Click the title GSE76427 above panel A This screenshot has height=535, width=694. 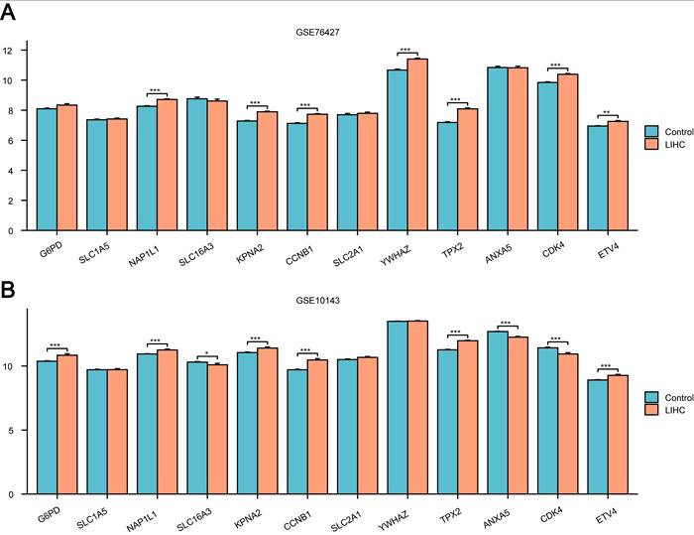click(x=318, y=32)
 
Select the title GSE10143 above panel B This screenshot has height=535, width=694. click(x=318, y=300)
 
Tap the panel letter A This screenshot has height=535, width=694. click(x=8, y=13)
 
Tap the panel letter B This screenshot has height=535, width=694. click(x=8, y=290)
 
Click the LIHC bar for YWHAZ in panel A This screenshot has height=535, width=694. click(x=417, y=145)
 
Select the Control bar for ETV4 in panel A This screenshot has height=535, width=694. click(x=598, y=179)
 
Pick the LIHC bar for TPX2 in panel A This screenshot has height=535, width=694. click(x=467, y=170)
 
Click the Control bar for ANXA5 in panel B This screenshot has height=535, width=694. click(x=498, y=413)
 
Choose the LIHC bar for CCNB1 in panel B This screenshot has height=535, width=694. click(x=317, y=427)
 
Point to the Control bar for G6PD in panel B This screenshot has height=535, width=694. click(x=47, y=428)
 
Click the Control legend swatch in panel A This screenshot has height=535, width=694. click(x=651, y=132)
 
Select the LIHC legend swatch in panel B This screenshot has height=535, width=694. click(x=651, y=410)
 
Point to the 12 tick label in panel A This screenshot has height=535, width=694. click(x=8, y=51)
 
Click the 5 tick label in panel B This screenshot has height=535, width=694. click(x=10, y=431)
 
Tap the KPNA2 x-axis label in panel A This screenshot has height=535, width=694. click(x=250, y=254)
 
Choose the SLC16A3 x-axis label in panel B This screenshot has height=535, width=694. click(x=194, y=519)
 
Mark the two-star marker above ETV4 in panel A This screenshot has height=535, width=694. click(x=607, y=112)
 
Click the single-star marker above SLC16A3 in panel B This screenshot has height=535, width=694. click(x=206, y=354)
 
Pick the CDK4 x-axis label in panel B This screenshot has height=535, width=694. click(x=551, y=516)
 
